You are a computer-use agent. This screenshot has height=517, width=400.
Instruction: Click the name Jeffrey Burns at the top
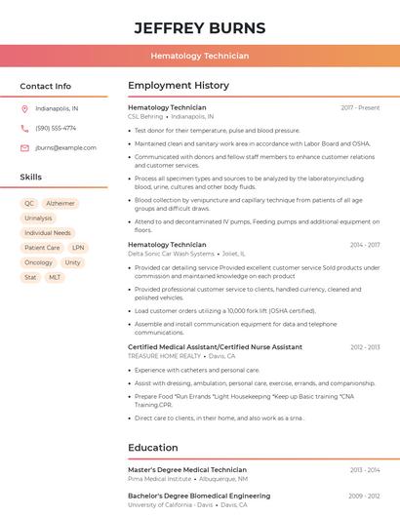click(199, 27)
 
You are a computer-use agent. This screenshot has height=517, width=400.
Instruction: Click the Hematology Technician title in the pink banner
click(199, 57)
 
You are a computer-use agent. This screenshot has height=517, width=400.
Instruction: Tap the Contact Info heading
click(45, 86)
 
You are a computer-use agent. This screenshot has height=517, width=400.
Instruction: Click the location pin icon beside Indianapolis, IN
click(24, 109)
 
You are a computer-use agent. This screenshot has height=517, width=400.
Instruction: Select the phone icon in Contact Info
click(24, 128)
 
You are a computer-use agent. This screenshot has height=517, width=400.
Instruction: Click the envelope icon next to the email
click(24, 148)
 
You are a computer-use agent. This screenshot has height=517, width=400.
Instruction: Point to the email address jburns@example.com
click(65, 148)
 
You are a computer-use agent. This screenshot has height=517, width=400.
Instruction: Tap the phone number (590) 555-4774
click(56, 128)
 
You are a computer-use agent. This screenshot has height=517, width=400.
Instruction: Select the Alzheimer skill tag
click(60, 204)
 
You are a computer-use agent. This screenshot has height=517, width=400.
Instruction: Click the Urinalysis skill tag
click(38, 219)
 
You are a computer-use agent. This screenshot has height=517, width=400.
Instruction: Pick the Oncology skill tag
click(38, 262)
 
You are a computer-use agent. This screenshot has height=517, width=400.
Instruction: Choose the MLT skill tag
click(55, 277)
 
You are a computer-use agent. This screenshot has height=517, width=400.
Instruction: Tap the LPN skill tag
click(78, 248)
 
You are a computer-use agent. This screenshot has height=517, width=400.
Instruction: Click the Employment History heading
click(179, 86)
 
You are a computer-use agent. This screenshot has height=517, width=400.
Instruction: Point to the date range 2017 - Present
click(360, 107)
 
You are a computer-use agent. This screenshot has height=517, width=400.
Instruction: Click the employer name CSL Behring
click(145, 116)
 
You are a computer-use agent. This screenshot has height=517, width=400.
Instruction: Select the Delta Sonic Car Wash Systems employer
click(171, 254)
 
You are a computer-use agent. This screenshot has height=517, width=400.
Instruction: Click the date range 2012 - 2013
click(365, 347)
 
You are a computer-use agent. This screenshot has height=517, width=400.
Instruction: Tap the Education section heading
click(153, 448)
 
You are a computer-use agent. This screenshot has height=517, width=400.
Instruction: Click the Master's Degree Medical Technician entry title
click(187, 470)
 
